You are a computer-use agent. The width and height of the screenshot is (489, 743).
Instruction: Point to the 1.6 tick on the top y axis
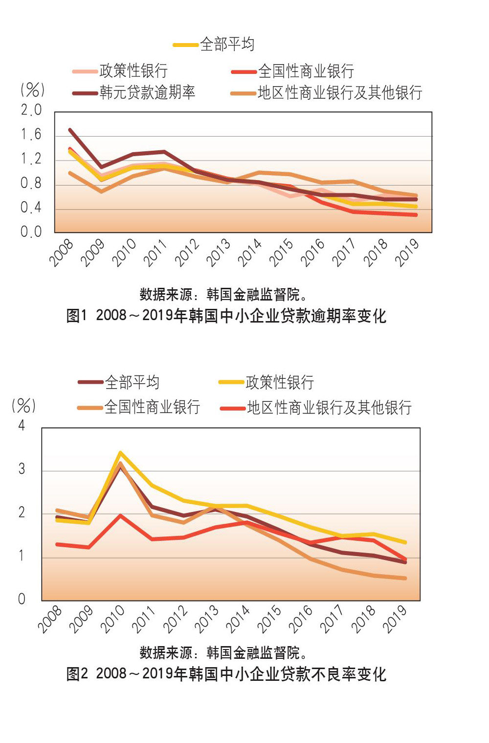(31, 135)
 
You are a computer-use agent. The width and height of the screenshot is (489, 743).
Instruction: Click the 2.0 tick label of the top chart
(31, 111)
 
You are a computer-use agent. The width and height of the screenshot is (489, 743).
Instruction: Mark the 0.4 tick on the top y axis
(31, 208)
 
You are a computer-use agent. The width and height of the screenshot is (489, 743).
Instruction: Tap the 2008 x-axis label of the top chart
(62, 253)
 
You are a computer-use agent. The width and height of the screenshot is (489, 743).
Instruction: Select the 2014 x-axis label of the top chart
(250, 253)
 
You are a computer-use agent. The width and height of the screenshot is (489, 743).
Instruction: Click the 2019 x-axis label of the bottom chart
(395, 619)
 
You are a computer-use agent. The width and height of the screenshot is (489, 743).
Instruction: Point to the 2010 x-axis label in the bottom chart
(112, 619)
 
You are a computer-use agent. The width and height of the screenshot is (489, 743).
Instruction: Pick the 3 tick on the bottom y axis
(22, 469)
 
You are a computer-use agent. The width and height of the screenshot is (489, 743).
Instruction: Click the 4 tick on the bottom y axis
(22, 426)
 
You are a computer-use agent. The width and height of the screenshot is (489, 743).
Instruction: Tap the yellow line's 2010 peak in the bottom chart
(120, 453)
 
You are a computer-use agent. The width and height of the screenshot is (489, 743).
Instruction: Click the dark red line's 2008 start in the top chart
(70, 130)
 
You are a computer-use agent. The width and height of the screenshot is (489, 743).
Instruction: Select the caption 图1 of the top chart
(76, 316)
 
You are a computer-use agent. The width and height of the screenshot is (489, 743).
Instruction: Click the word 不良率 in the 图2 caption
(335, 674)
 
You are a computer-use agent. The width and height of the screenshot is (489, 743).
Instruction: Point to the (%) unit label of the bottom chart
(23, 405)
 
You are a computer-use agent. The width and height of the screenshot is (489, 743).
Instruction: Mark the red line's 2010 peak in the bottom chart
(120, 515)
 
